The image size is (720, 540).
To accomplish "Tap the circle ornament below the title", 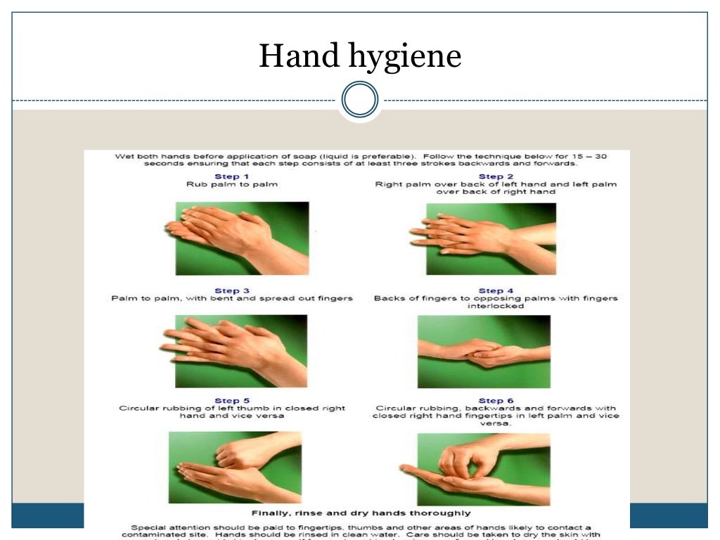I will pos(359,101).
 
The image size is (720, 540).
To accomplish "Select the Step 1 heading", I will pos(231,176).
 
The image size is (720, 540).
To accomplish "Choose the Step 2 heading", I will pos(496,176).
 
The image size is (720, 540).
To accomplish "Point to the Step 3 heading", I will pos(231,290).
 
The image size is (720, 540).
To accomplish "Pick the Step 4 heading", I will pos(496,290).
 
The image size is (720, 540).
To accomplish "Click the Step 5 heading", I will pos(231,401).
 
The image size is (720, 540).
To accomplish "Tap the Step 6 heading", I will pos(496,401).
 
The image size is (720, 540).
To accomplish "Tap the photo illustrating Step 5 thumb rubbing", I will pos(235,467).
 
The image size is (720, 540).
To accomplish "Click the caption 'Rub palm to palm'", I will pos(231,184).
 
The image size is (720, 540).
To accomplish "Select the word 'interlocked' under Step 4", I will pos(496,306).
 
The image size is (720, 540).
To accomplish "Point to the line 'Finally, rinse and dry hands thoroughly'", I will pos(361,513).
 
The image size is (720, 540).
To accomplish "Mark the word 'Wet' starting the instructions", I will pos(124,156).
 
